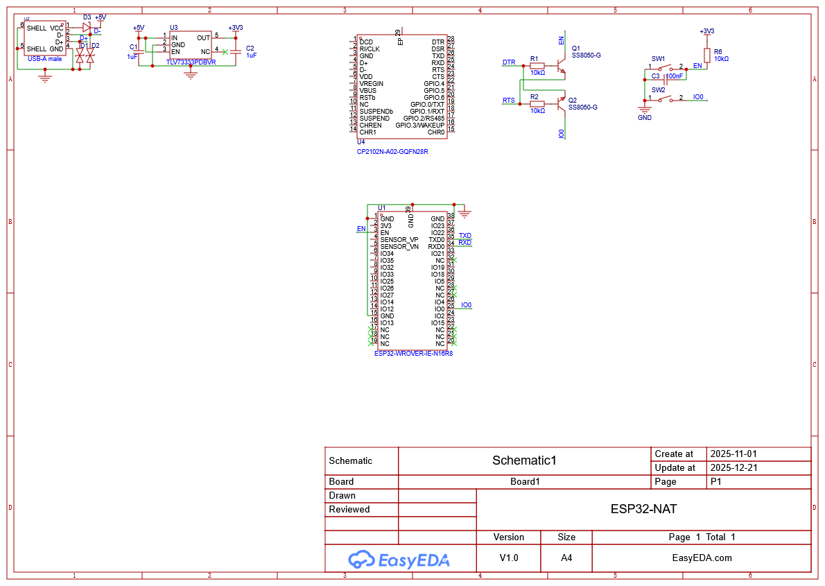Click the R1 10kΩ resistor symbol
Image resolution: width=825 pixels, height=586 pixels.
[537, 65]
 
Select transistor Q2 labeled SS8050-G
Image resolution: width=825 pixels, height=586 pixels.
[562, 103]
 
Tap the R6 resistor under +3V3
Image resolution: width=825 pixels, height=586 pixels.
[707, 55]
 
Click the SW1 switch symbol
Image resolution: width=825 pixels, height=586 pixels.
[666, 67]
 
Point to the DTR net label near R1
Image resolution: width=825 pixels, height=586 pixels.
[509, 62]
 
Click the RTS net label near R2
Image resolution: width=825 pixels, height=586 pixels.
[509, 101]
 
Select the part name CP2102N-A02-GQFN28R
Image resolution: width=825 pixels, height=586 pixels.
[392, 151]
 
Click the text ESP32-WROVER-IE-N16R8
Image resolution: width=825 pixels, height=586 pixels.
[413, 353]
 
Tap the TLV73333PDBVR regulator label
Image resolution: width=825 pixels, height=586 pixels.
[191, 62]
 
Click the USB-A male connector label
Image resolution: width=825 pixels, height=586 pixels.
[44, 59]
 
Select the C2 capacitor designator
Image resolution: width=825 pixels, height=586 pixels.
[250, 48]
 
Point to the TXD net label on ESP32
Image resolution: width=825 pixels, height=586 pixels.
[464, 236]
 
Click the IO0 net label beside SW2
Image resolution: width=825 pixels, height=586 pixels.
[698, 97]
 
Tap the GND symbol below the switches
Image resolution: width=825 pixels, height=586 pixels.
[645, 109]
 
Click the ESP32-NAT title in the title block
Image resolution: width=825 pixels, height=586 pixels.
[643, 508]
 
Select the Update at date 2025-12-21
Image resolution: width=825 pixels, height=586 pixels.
[733, 467]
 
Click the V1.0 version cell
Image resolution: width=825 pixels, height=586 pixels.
[509, 558]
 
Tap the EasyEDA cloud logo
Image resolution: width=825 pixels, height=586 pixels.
[362, 559]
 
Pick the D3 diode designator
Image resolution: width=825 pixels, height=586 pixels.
[87, 17]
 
